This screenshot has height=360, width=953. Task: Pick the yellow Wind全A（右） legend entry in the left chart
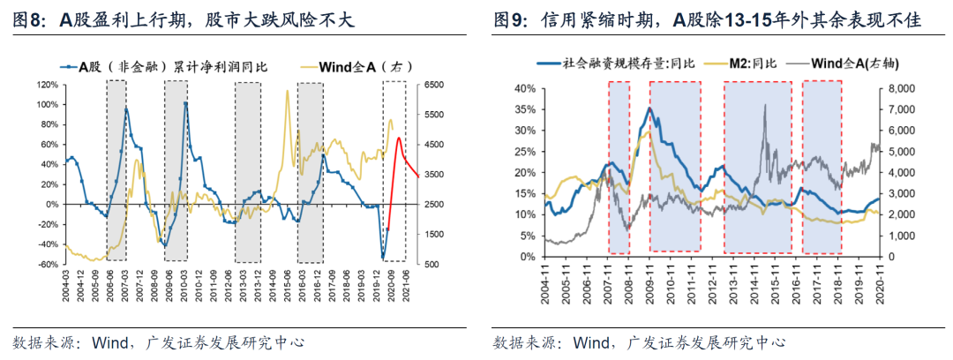[348, 66]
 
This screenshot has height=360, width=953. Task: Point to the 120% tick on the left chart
[47, 85]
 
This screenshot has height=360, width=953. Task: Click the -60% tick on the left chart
[47, 264]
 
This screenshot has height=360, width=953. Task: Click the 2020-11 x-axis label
[878, 283]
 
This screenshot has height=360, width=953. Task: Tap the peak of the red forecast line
[399, 138]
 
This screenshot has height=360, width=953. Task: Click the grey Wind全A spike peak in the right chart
[764, 105]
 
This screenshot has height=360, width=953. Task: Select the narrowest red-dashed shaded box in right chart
[619, 168]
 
